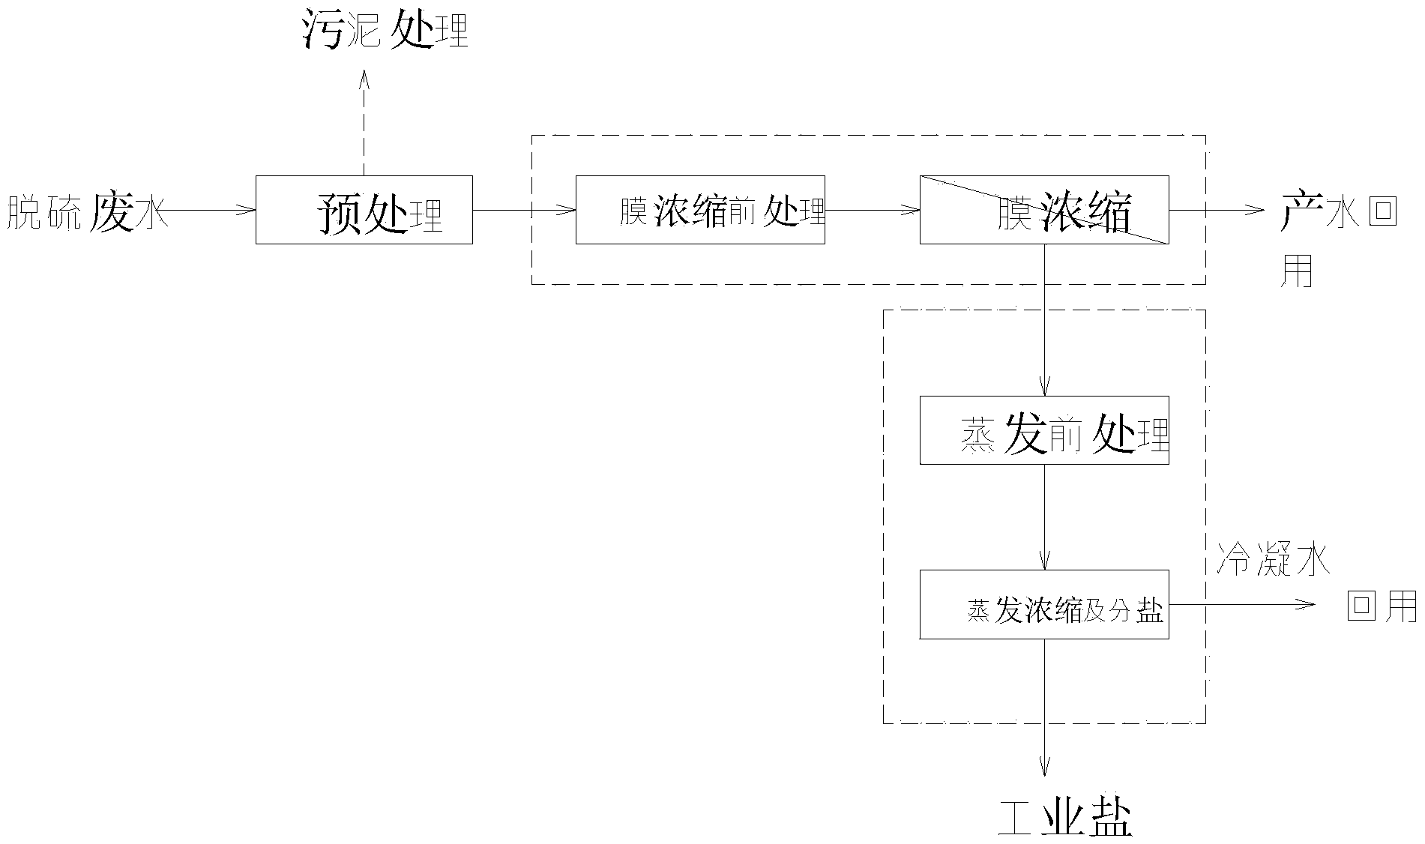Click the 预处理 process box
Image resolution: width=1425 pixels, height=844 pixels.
click(x=364, y=210)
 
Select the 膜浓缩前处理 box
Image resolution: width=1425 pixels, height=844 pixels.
click(x=700, y=210)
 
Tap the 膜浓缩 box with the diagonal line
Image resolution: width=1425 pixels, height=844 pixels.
click(x=1044, y=210)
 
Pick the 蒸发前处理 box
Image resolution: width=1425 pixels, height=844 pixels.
click(x=1044, y=430)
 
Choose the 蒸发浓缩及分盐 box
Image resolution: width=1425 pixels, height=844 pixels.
click(x=1044, y=604)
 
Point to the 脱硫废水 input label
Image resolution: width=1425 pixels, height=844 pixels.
click(x=86, y=211)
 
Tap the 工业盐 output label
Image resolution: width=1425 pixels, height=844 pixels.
click(x=1065, y=819)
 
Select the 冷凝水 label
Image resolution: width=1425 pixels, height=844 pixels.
click(x=1272, y=561)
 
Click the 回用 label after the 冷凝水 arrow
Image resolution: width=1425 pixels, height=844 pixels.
click(x=1382, y=606)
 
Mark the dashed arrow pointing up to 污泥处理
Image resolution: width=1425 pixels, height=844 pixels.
click(x=364, y=124)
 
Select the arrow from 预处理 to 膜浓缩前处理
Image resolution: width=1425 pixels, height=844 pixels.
click(x=524, y=210)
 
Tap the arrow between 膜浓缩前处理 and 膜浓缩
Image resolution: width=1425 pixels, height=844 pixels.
click(x=873, y=210)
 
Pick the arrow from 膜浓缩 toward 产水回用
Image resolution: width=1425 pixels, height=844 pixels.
click(x=1217, y=210)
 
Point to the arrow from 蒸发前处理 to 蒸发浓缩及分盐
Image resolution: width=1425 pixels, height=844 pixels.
click(x=1044, y=517)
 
